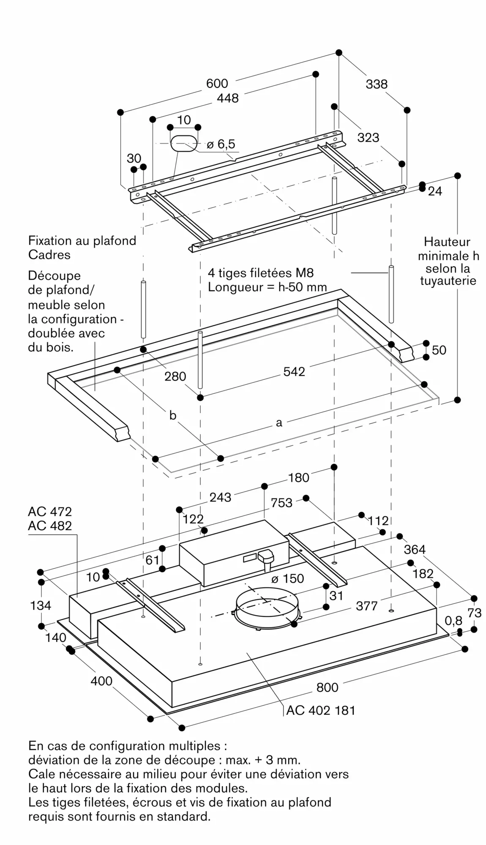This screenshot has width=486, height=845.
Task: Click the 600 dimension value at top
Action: point(217,83)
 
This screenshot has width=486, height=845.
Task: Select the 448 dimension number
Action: point(227,98)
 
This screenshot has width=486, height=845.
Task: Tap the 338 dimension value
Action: point(377,84)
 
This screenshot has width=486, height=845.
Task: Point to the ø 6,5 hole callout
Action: point(221,144)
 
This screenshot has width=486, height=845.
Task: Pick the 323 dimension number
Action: point(368,137)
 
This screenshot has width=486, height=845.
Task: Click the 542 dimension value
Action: point(294,371)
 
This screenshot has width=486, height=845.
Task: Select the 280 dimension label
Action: point(175,376)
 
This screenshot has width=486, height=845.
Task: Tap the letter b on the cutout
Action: point(172,415)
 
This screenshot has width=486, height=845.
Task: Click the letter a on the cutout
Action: point(279,422)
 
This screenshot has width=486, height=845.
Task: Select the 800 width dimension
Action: point(327,687)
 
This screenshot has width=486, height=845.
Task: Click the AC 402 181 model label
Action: point(321,710)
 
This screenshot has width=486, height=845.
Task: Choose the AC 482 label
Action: point(50,526)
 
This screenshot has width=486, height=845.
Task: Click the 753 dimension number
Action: point(281,502)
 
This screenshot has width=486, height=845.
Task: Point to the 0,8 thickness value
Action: point(453,620)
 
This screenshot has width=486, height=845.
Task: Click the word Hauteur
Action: point(447,242)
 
